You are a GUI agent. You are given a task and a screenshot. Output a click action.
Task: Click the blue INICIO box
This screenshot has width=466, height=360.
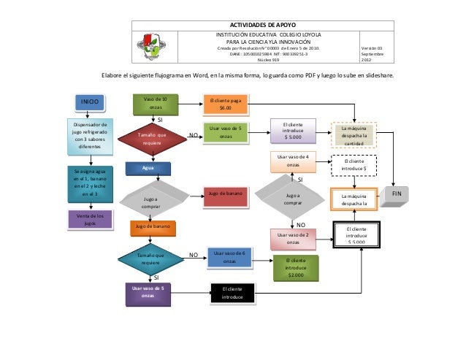tap(89, 102)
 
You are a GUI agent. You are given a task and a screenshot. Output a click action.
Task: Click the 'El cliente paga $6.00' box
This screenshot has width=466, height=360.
tap(226, 104)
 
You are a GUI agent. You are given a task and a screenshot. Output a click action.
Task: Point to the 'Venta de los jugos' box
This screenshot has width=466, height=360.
tap(90, 220)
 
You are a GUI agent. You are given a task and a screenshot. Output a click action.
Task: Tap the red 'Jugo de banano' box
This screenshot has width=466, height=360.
tap(226, 194)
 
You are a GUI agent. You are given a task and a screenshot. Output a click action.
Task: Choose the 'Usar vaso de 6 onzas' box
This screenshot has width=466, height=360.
tap(229, 256)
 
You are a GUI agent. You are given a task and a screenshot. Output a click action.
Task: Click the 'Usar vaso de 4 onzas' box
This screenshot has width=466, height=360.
tap(293, 161)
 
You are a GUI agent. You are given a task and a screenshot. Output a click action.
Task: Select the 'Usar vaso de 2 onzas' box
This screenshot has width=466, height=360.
tap(293, 239)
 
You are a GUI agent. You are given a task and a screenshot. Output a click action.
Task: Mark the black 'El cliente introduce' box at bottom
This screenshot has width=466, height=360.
tap(232, 294)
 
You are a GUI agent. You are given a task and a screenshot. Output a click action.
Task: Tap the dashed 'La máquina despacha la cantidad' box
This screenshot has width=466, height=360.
tap(354, 134)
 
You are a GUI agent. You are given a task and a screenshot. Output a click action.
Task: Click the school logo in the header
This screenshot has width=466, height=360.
tap(150, 46)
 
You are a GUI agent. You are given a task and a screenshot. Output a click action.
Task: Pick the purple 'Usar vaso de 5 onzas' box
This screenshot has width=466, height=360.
tap(148, 293)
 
